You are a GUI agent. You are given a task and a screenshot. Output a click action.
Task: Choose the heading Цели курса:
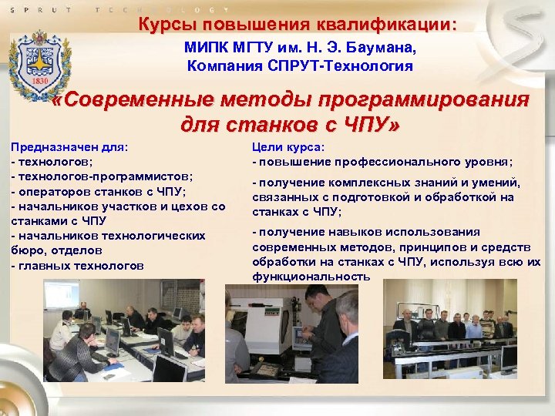[x=289, y=146]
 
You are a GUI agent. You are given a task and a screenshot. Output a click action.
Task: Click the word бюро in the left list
[x=24, y=250]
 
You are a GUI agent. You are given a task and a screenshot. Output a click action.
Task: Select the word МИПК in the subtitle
[x=203, y=48]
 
